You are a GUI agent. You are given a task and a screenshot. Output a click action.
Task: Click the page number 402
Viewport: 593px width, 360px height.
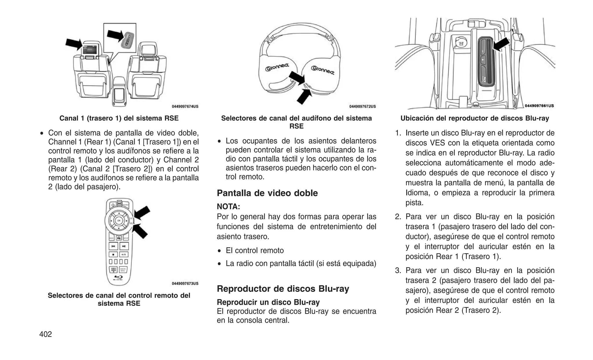[45, 334]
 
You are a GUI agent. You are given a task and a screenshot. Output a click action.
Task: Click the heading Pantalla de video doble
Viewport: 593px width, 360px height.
[267, 193]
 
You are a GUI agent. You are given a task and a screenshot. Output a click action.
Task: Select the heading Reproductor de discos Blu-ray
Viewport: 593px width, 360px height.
[283, 289]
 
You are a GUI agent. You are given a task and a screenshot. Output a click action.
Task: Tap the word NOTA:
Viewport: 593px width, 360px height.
[228, 207]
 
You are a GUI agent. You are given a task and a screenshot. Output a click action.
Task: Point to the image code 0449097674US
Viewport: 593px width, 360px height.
[185, 107]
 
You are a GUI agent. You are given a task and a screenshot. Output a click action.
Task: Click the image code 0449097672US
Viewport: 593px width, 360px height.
[363, 107]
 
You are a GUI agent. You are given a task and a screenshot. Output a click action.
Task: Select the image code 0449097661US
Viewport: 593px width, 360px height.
[539, 106]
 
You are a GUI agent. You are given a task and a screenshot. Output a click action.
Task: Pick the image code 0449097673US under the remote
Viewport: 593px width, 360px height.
[185, 284]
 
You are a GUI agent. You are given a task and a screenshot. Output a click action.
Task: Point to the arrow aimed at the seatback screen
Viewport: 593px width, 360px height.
[74, 44]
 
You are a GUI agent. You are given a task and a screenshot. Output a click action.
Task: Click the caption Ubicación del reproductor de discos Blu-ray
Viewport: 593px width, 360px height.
[475, 118]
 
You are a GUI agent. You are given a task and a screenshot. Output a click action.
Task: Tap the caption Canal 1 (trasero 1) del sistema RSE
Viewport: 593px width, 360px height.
[119, 118]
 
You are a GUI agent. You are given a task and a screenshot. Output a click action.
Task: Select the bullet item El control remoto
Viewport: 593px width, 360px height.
[255, 251]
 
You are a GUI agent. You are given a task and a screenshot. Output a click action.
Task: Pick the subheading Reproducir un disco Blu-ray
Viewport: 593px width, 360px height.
[268, 302]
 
